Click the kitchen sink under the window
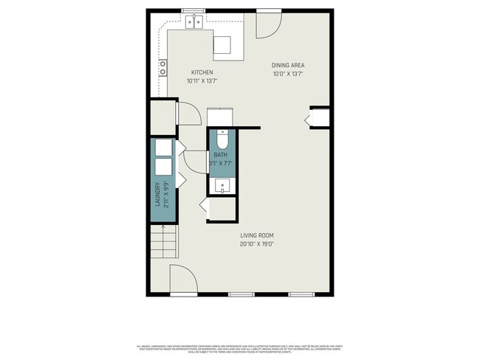[195, 22]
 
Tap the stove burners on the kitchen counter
[162, 68]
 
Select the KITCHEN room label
[202, 72]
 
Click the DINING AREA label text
[288, 65]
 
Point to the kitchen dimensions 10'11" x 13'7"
[202, 81]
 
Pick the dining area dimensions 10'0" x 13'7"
[288, 74]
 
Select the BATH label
[221, 155]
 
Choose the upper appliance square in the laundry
[163, 147]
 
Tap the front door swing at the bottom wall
[183, 280]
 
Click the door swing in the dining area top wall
[268, 25]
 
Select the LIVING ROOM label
[256, 236]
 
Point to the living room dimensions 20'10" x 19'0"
[256, 244]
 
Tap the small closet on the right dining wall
[320, 119]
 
